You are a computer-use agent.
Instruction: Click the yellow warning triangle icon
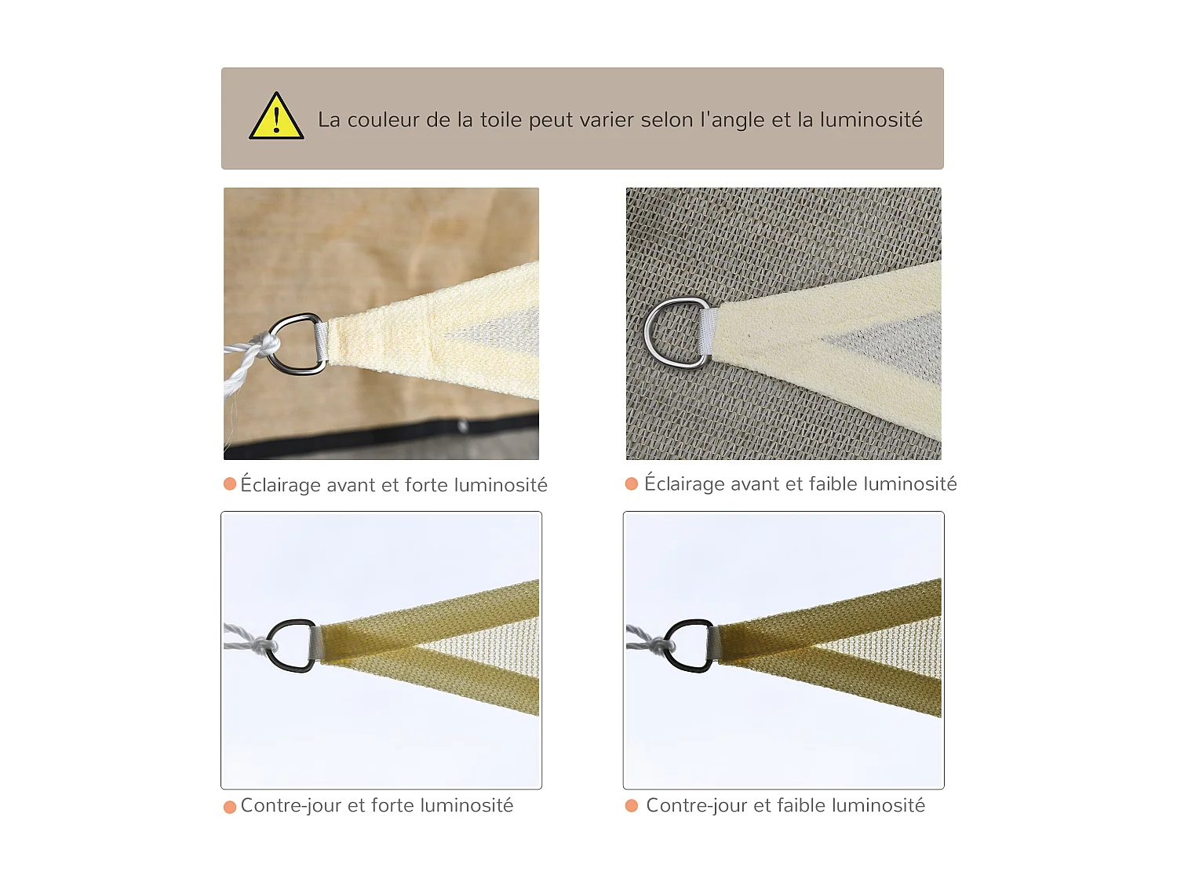click(276, 116)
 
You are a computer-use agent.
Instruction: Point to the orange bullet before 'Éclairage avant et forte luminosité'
click(229, 483)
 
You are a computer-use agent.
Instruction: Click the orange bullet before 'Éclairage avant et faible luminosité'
click(632, 483)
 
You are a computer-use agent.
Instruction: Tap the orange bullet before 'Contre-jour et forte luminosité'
click(229, 807)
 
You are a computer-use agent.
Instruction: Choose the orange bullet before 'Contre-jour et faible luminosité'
click(632, 805)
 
